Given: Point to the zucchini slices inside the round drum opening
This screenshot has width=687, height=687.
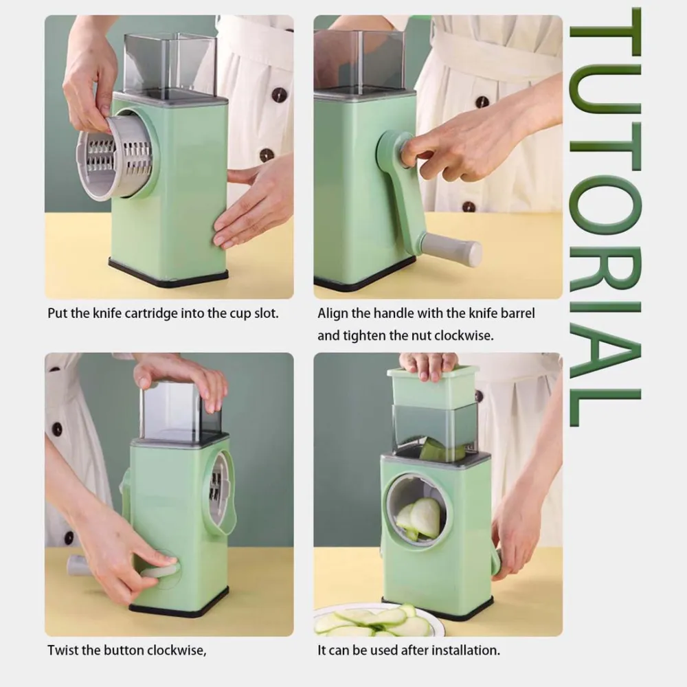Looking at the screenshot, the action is pyautogui.click(x=418, y=519).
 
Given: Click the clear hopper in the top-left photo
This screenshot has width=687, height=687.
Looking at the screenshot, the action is pyautogui.click(x=170, y=66).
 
